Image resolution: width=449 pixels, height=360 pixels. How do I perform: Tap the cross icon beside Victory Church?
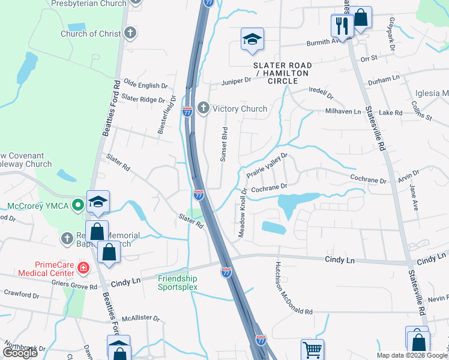[203, 109]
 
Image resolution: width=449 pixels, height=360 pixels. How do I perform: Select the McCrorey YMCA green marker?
[77, 206]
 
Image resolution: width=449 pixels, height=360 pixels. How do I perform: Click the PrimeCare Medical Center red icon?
[83, 268]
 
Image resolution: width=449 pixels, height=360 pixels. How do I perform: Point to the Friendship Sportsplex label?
[177, 283]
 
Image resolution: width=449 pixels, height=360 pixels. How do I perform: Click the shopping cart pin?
[312, 349]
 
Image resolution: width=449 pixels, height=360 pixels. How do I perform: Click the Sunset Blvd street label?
[224, 145]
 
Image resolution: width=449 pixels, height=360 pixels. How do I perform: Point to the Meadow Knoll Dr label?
[243, 212]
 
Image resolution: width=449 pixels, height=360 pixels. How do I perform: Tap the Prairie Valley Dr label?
[268, 165]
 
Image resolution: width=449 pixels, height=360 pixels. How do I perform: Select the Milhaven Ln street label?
[343, 112]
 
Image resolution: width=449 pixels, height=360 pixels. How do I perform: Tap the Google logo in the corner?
[20, 353]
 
